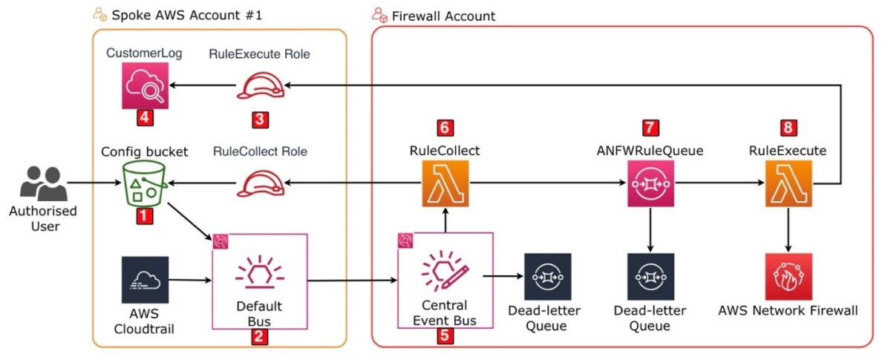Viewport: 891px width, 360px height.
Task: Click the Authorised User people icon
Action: point(44,183)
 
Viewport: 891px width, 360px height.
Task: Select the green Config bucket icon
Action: point(144,183)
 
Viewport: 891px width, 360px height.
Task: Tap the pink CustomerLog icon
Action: point(145,85)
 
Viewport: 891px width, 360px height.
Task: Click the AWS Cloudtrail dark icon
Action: point(145,280)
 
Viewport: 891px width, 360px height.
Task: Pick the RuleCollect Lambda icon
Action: point(445,183)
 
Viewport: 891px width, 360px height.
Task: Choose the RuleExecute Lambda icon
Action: point(789,183)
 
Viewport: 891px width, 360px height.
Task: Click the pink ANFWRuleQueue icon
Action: point(650,183)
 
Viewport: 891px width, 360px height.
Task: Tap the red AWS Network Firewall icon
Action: point(789,276)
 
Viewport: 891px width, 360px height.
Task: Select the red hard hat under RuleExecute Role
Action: point(261,85)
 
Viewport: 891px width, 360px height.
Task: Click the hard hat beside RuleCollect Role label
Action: point(261,183)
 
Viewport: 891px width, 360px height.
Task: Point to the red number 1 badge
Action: point(144,216)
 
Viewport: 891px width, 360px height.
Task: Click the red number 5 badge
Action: point(445,336)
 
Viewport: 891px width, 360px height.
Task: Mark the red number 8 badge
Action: point(789,128)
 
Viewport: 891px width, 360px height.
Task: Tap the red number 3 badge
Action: point(260,120)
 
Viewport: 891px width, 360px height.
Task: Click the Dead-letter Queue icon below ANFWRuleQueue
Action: point(650,276)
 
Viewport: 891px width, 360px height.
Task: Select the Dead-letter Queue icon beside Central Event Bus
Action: point(548,276)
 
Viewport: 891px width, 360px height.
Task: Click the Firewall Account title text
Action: point(443,16)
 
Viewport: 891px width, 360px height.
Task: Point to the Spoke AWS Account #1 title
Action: point(187,15)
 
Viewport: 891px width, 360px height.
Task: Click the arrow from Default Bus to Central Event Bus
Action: point(352,281)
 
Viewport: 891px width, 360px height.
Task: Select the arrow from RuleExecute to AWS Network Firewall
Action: point(789,229)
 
